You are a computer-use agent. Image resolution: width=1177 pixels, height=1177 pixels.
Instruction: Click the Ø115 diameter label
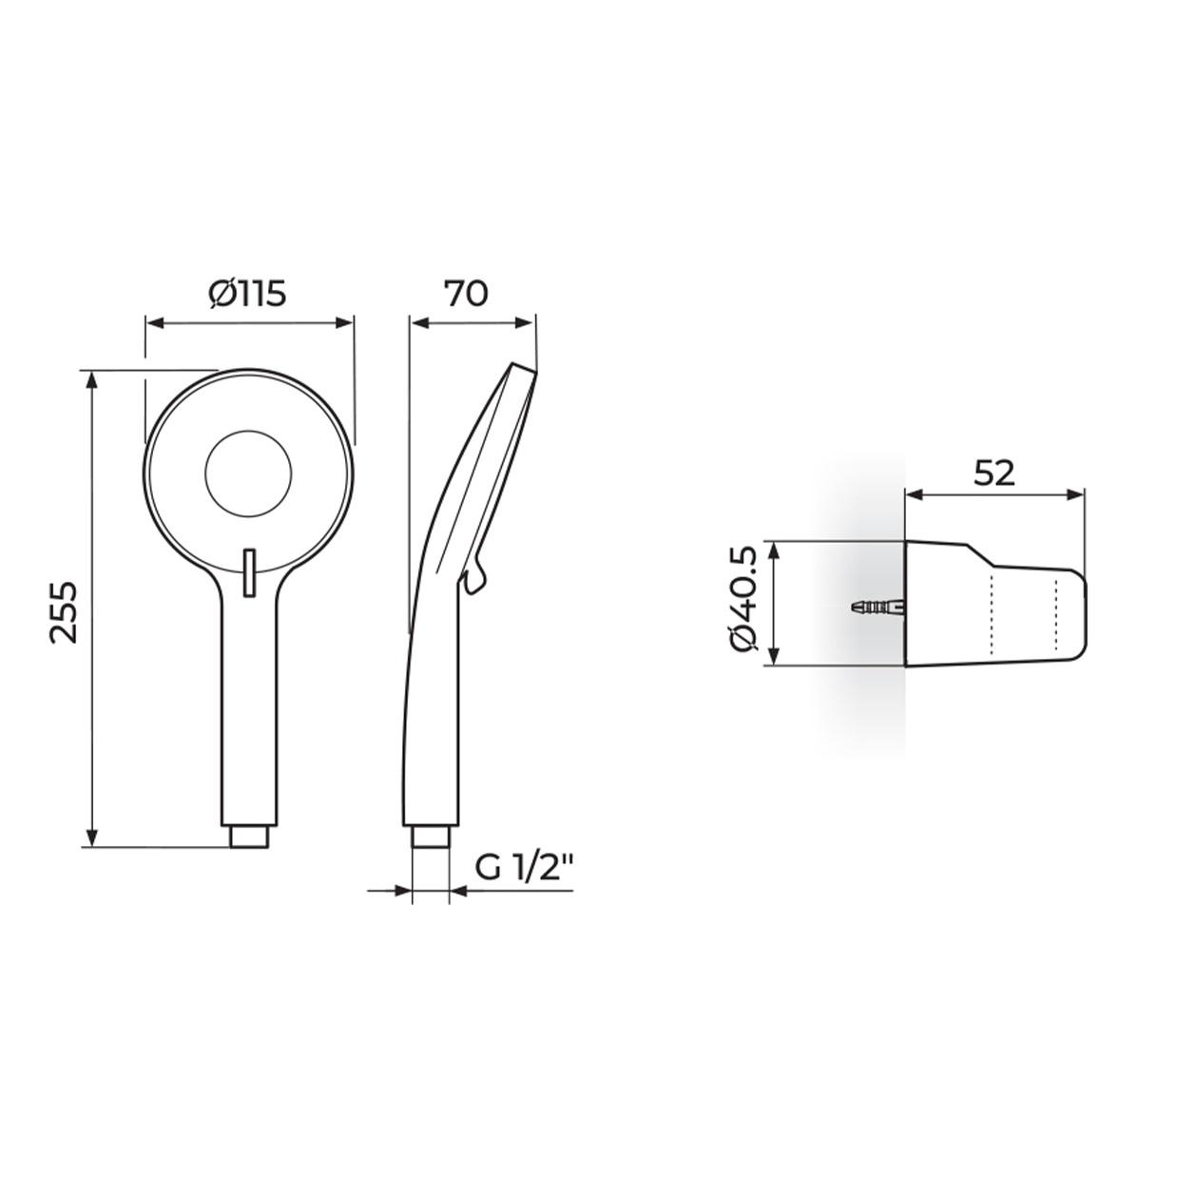pos(247,294)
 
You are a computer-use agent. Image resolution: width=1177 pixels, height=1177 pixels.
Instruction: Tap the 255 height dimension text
pos(64,612)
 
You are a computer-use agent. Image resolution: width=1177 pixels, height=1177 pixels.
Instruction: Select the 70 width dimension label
pos(466,294)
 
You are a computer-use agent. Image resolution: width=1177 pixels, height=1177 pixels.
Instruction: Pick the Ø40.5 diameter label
pos(743,602)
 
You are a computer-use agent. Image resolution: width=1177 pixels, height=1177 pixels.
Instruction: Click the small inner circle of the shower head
pos(248,474)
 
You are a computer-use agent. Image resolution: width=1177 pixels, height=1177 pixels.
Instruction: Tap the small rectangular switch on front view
pos(249,571)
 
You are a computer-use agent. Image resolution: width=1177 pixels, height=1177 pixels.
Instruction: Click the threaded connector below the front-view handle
pos(249,837)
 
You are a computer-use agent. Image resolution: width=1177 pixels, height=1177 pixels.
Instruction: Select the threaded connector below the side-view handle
pos(432,837)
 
